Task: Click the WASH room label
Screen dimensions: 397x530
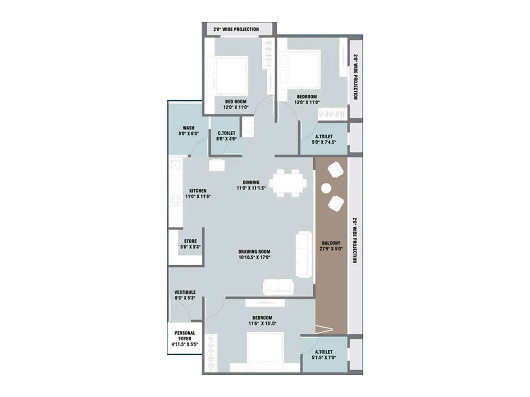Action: (188, 128)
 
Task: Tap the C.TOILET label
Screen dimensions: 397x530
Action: (226, 133)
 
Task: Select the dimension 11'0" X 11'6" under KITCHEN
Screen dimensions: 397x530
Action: (198, 197)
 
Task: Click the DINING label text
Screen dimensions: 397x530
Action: (251, 182)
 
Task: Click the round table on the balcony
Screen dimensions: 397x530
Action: (326, 188)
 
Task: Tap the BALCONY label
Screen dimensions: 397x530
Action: (331, 243)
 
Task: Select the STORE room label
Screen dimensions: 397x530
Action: (190, 241)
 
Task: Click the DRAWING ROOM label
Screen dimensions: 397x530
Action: (254, 251)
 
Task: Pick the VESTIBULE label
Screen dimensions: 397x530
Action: (185, 292)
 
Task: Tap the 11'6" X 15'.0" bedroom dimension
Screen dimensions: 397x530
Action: (262, 324)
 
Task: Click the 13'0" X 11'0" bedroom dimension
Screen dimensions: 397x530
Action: (307, 102)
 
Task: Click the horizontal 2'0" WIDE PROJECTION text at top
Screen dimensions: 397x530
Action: (236, 29)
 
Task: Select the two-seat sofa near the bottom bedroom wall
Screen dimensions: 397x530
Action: (278, 287)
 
